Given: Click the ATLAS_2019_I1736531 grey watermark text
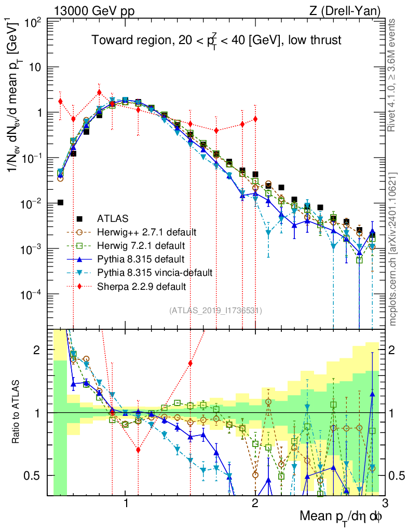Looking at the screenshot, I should tap(215, 311).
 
